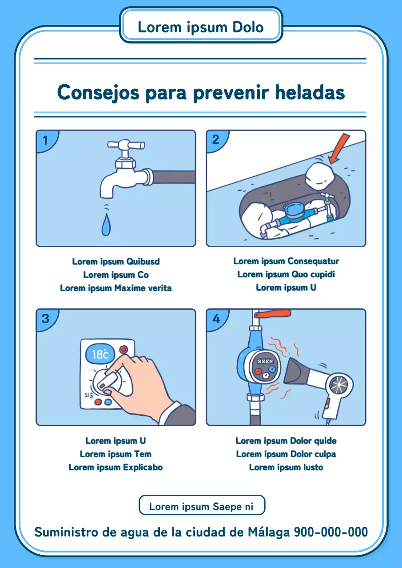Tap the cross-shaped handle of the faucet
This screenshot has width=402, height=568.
point(126,145)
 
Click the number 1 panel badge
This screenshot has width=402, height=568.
point(45,140)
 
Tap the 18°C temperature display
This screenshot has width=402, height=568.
point(100,354)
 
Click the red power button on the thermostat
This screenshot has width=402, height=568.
point(123,349)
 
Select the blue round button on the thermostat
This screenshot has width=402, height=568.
point(108,402)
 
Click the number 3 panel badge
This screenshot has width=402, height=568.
point(45,319)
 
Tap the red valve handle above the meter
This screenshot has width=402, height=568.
point(274,314)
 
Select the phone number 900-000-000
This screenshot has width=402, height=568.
point(331,532)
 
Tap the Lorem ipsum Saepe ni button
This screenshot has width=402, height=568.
point(202,506)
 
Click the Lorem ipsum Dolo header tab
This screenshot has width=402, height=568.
point(201,27)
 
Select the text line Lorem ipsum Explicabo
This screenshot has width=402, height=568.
point(115,467)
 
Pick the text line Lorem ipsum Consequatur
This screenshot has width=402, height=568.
point(286,261)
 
